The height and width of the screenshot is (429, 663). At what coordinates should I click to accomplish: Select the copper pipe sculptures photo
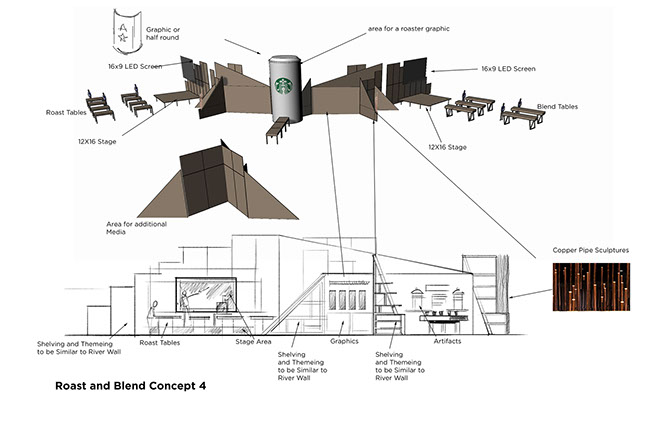590,287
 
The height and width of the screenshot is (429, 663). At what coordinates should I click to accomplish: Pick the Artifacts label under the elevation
447,341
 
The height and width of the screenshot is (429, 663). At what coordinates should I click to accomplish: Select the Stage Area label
253,341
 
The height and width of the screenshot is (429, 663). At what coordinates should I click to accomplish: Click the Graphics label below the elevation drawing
343,340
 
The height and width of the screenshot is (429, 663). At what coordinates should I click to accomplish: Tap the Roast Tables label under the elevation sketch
159,342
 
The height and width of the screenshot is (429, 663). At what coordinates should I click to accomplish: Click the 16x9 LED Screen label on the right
508,69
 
